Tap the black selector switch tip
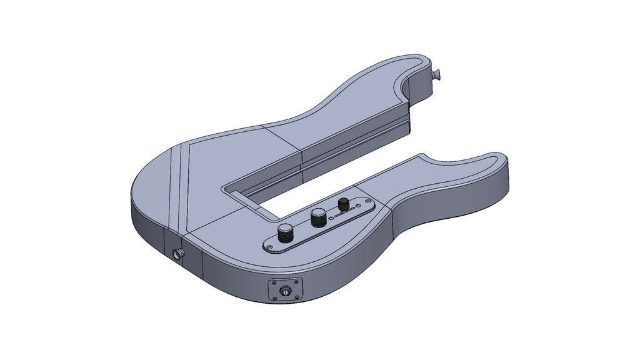coord(343,204)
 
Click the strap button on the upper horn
coord(437,74)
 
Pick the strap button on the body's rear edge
coord(179,254)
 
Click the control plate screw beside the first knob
coord(269,248)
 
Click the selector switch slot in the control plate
coord(342,212)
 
